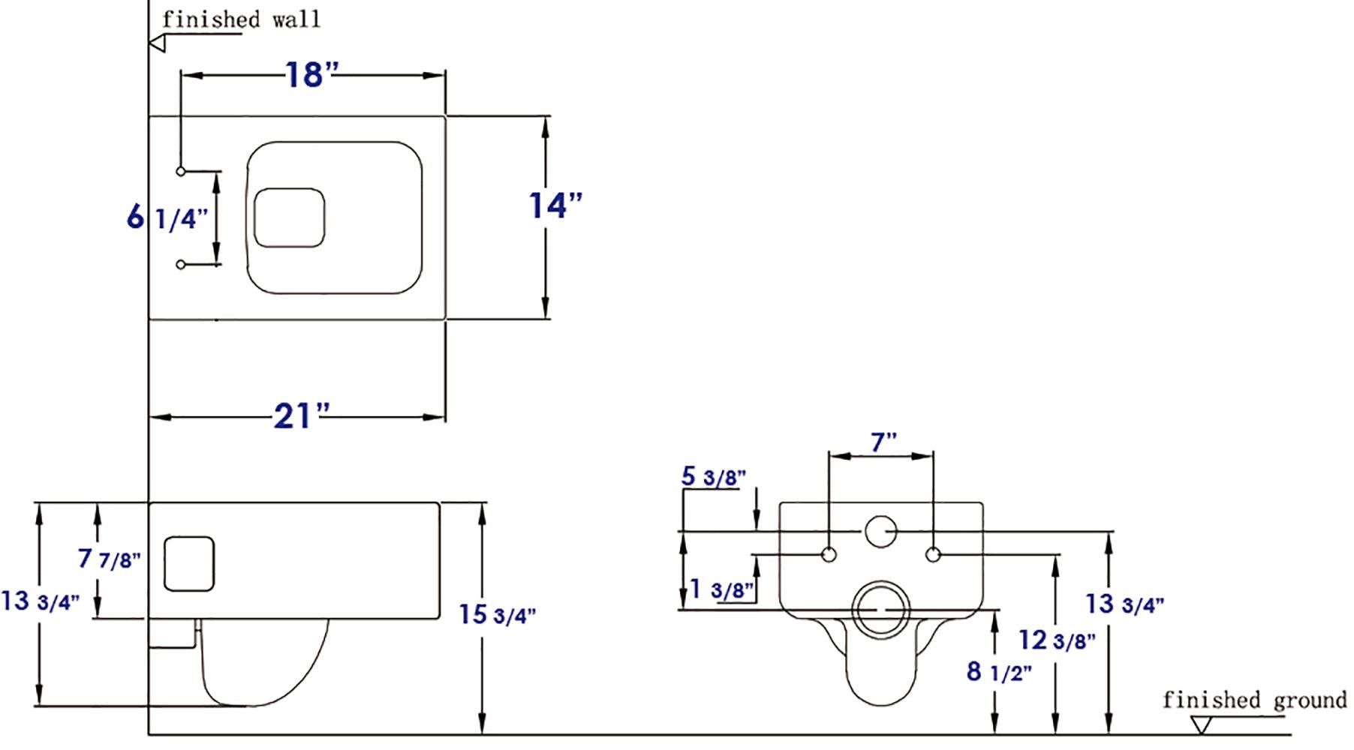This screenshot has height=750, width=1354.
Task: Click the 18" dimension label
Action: (311, 74)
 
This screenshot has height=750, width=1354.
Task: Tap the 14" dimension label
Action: (555, 205)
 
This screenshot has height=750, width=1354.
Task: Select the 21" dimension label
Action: (301, 416)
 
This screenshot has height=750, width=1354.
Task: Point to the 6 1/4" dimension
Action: (167, 218)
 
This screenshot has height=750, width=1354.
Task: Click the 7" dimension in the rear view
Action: (883, 442)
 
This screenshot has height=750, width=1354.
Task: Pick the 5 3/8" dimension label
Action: (713, 476)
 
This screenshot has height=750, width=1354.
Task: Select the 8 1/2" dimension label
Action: (998, 671)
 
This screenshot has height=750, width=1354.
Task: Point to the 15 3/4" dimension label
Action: (498, 614)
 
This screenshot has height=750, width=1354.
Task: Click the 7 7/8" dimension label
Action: (110, 559)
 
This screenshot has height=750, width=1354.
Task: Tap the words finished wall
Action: (241, 19)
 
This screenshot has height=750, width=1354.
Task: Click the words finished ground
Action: (1254, 700)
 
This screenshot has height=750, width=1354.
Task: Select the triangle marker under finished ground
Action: (1202, 725)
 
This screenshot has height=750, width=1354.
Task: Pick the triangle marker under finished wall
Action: (158, 43)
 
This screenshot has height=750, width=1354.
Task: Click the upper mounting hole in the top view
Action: (181, 172)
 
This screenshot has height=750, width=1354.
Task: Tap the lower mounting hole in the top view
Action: (181, 265)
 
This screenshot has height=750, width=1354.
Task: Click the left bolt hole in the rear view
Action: (829, 555)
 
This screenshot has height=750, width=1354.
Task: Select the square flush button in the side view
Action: (189, 563)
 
